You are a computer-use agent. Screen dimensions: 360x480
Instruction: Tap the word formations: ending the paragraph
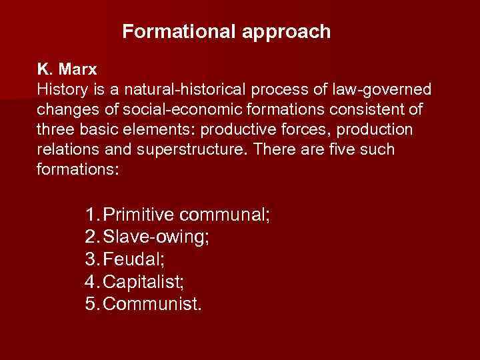(x=78, y=169)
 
